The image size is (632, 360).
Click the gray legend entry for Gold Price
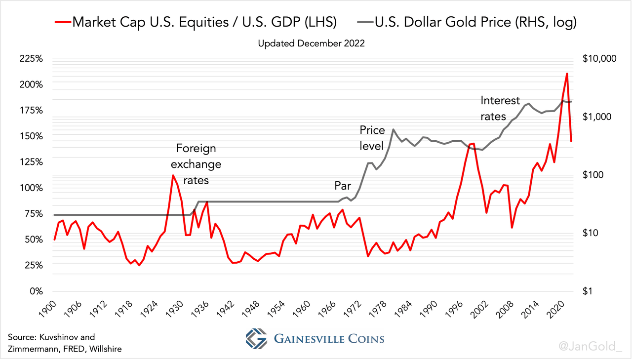click(467, 22)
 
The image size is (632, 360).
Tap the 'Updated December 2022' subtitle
click(311, 43)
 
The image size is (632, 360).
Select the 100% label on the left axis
click(32, 188)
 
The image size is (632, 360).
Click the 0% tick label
click(36, 291)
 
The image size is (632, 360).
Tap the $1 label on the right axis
click(587, 291)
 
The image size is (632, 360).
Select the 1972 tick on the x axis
click(352, 312)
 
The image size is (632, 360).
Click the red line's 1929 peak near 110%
click(173, 175)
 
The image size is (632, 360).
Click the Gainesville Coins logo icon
click(256, 339)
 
